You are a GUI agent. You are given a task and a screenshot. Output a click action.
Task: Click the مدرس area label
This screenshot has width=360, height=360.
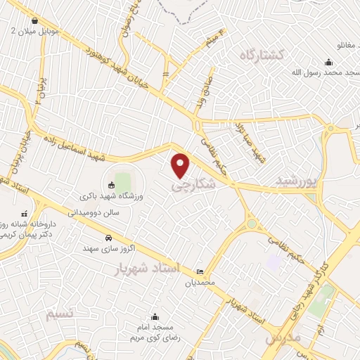[x=283, y=337]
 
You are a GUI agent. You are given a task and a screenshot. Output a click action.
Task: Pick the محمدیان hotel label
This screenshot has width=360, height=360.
[x=198, y=283]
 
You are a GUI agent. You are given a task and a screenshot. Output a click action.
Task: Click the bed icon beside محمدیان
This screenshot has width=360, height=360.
[x=200, y=272]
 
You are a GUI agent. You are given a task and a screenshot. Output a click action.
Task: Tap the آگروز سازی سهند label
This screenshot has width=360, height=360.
[x=105, y=248]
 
